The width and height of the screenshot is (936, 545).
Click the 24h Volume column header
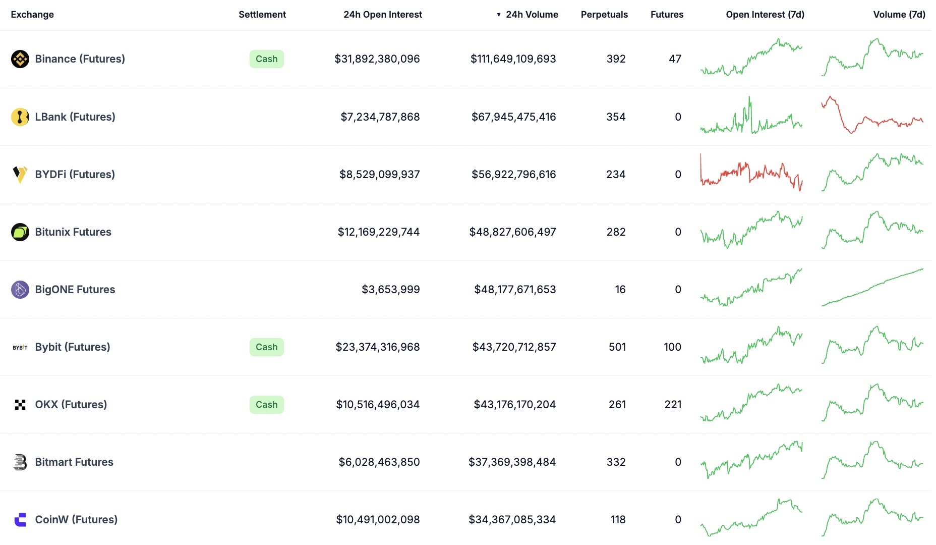click(532, 15)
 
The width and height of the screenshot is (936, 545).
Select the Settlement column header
click(262, 15)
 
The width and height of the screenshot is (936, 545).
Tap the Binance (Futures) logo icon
click(20, 59)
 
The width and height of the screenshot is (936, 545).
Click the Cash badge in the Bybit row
click(266, 347)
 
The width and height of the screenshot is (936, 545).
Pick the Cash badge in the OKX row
click(266, 405)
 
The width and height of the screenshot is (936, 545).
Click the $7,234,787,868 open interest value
click(380, 117)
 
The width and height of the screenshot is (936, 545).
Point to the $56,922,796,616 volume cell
click(513, 175)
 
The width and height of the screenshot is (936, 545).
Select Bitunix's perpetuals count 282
click(616, 232)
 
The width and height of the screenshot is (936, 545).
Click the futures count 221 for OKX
click(673, 405)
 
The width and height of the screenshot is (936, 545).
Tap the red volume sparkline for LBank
click(872, 116)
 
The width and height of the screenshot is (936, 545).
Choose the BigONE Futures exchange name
click(75, 290)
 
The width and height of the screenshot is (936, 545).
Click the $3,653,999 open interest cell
click(390, 290)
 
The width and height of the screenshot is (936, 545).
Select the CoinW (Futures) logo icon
click(20, 520)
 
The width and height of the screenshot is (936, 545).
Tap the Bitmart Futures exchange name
click(74, 462)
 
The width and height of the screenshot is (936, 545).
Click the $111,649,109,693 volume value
click(513, 59)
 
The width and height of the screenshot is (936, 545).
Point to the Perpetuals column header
click(604, 15)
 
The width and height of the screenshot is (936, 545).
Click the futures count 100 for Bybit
click(672, 347)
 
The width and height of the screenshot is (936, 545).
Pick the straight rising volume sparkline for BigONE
click(872, 288)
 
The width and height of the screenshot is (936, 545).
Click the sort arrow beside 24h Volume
click(499, 15)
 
